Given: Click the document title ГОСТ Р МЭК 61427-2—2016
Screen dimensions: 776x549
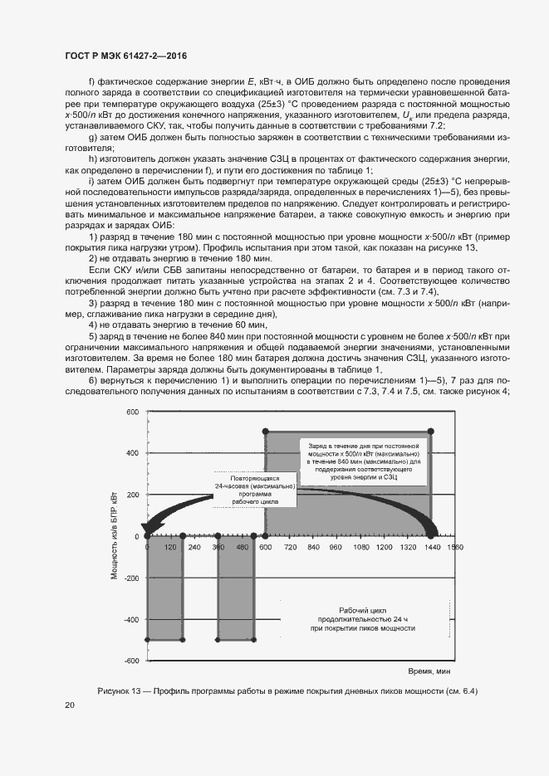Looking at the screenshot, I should [x=125, y=55].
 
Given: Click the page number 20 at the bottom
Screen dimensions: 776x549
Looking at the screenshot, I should [x=69, y=705].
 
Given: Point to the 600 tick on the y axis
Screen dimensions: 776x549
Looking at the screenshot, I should [x=131, y=412].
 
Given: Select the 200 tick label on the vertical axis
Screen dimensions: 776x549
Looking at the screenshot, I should [x=131, y=495].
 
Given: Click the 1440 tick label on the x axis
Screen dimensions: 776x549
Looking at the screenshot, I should [x=431, y=549].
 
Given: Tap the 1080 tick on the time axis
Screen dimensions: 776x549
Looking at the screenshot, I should [x=360, y=549].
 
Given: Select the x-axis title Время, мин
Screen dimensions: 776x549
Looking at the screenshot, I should [x=429, y=669].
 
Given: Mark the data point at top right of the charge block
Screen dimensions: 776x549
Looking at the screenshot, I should [x=431, y=432].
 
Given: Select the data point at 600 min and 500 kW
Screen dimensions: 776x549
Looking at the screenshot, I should [x=265, y=432].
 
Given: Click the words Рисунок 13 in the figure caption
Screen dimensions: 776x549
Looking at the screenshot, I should [x=122, y=691].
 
